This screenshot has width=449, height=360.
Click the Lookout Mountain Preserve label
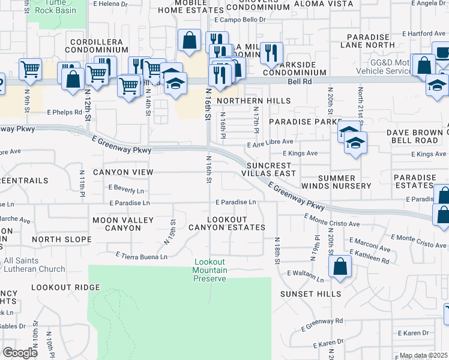(209, 270)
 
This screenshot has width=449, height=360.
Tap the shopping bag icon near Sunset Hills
(340, 268)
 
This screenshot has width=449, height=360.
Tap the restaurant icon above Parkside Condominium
(273, 53)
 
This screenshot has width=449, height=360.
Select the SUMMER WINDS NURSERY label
(345, 182)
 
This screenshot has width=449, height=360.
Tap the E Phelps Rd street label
(64, 112)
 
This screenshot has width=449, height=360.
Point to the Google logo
(20, 353)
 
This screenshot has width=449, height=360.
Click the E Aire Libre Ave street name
(270, 142)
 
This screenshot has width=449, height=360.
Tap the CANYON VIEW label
(127, 172)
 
